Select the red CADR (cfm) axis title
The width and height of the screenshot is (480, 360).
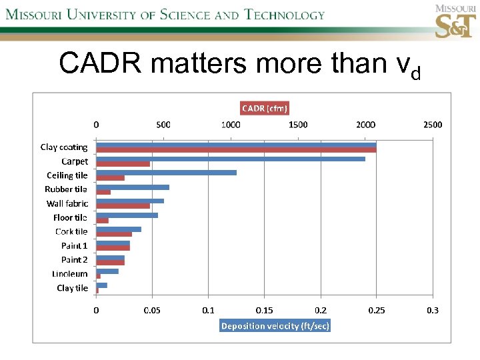[265, 108]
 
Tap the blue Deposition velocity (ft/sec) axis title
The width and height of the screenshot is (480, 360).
[275, 326]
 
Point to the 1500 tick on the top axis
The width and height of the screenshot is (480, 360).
[298, 125]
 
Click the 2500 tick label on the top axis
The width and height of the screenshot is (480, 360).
[432, 125]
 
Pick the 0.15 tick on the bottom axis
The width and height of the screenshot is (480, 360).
[265, 311]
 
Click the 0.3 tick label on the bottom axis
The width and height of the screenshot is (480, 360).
[433, 311]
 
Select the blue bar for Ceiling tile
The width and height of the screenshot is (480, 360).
[166, 173]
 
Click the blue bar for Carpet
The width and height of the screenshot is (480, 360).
[230, 159]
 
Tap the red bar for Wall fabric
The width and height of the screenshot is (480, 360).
[123, 206]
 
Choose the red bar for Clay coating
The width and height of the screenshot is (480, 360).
[236, 149]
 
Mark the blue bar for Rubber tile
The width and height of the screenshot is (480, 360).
[133, 187]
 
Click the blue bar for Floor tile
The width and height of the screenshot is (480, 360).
[127, 215]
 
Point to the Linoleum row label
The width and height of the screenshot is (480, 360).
[69, 274]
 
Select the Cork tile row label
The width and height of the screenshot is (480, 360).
[71, 231]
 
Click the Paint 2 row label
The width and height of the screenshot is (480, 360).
[74, 260]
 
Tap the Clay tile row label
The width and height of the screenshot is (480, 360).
[72, 288]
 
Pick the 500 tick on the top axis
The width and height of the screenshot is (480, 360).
[163, 125]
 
